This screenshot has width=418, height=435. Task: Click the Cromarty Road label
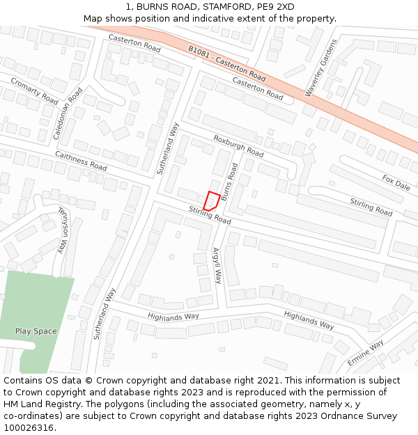coord(34,90)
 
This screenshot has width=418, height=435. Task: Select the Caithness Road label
coord(81,162)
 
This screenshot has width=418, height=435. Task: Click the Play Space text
coord(36,331)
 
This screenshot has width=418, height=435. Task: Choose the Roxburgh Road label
coord(238,145)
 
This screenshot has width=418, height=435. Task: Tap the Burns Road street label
coord(230,182)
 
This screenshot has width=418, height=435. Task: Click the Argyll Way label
coord(217,266)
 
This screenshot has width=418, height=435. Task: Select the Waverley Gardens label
coord(320,68)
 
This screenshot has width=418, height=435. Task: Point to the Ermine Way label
coord(366,355)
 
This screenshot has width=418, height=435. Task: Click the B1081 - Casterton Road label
coord(227,63)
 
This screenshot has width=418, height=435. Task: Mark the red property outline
coord(212,201)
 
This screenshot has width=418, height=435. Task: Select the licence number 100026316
coord(29,428)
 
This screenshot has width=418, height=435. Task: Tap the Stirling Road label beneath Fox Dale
coord(371,207)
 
